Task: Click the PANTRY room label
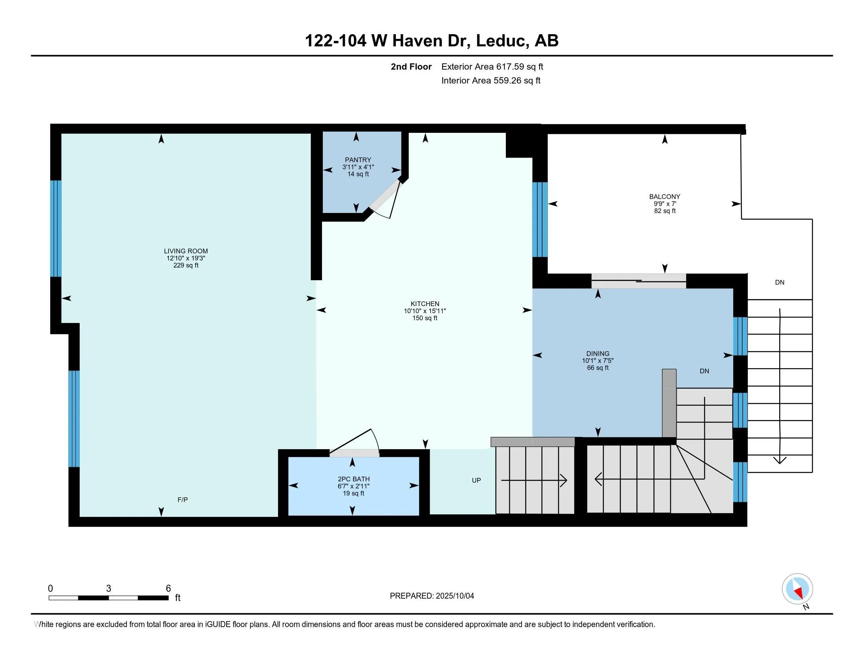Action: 358,160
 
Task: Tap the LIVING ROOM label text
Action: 186,251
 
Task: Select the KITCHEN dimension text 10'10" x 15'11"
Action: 425,311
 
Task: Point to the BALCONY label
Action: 664,196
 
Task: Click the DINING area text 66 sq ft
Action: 598,368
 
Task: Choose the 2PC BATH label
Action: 354,479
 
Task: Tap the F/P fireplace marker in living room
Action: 182,500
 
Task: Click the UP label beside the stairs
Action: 476,480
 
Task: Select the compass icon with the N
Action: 798,589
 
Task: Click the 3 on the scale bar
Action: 108,589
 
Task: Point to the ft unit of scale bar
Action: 178,598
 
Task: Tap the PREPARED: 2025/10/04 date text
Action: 432,596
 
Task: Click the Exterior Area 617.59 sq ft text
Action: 492,66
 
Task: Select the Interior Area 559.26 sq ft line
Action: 491,80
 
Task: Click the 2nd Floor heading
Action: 411,66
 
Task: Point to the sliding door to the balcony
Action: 639,281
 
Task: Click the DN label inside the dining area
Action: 704,371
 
